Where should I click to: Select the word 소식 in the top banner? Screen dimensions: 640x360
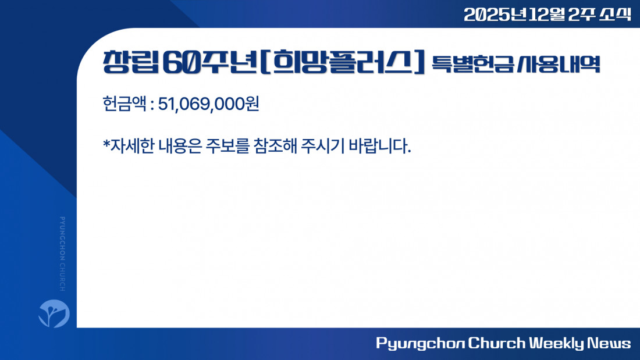point(615,15)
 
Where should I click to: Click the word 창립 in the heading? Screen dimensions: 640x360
point(130,62)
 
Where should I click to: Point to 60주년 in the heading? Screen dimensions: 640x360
point(210,62)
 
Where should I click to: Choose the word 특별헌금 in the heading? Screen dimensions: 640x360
point(472,64)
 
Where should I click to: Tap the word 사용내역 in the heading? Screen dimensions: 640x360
point(559,64)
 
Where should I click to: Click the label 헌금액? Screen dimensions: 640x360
point(124,104)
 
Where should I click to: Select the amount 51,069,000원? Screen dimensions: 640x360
point(208,104)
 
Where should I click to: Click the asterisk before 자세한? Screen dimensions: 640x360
point(106,143)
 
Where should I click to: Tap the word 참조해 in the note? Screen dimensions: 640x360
point(275,146)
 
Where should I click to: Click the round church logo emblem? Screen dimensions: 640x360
point(54,313)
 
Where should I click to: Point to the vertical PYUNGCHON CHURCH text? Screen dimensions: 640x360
point(62,254)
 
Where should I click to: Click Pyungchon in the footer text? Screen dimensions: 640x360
point(420,343)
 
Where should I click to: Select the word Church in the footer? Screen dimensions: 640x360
point(497,343)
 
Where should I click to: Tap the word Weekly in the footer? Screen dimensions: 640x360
point(556,343)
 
